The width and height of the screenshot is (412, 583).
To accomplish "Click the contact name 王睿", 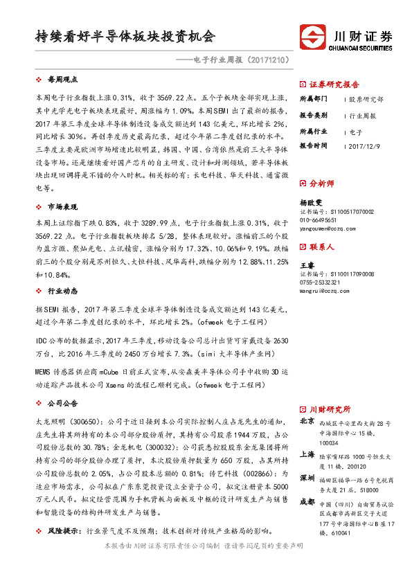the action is pyautogui.click(x=306, y=265).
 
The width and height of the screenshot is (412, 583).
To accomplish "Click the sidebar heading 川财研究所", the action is pyautogui.click(x=330, y=409).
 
